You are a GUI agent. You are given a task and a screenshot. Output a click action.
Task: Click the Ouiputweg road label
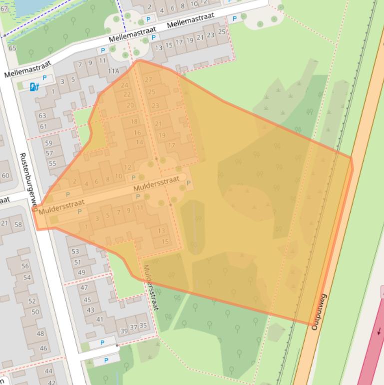click(316, 311)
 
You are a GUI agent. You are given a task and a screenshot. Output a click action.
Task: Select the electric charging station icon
click(34, 86)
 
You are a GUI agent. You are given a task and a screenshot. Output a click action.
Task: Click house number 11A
click(114, 71)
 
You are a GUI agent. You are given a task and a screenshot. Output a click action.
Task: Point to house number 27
click(148, 79)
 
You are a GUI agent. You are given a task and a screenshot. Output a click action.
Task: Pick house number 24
click(125, 85)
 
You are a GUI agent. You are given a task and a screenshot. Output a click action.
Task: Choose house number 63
click(42, 115)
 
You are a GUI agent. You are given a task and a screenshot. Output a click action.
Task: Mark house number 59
click(48, 143)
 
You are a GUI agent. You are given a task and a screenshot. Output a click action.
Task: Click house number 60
click(5, 175)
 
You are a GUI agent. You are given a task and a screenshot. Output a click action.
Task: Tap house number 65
click(12, 48)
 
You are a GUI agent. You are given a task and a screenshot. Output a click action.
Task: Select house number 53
click(75, 251)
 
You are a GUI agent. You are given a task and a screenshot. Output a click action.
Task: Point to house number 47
click(84, 287)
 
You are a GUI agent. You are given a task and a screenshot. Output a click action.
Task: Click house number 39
click(124, 330)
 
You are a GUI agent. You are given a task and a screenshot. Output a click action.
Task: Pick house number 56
click(25, 266)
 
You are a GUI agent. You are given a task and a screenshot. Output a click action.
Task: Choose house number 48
click(40, 333)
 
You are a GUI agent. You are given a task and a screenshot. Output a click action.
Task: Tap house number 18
click(134, 121)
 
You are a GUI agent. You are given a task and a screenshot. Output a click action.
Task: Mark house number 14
click(139, 142)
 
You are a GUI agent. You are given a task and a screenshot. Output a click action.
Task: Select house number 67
click(4, 8)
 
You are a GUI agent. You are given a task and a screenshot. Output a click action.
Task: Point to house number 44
click(48, 371)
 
